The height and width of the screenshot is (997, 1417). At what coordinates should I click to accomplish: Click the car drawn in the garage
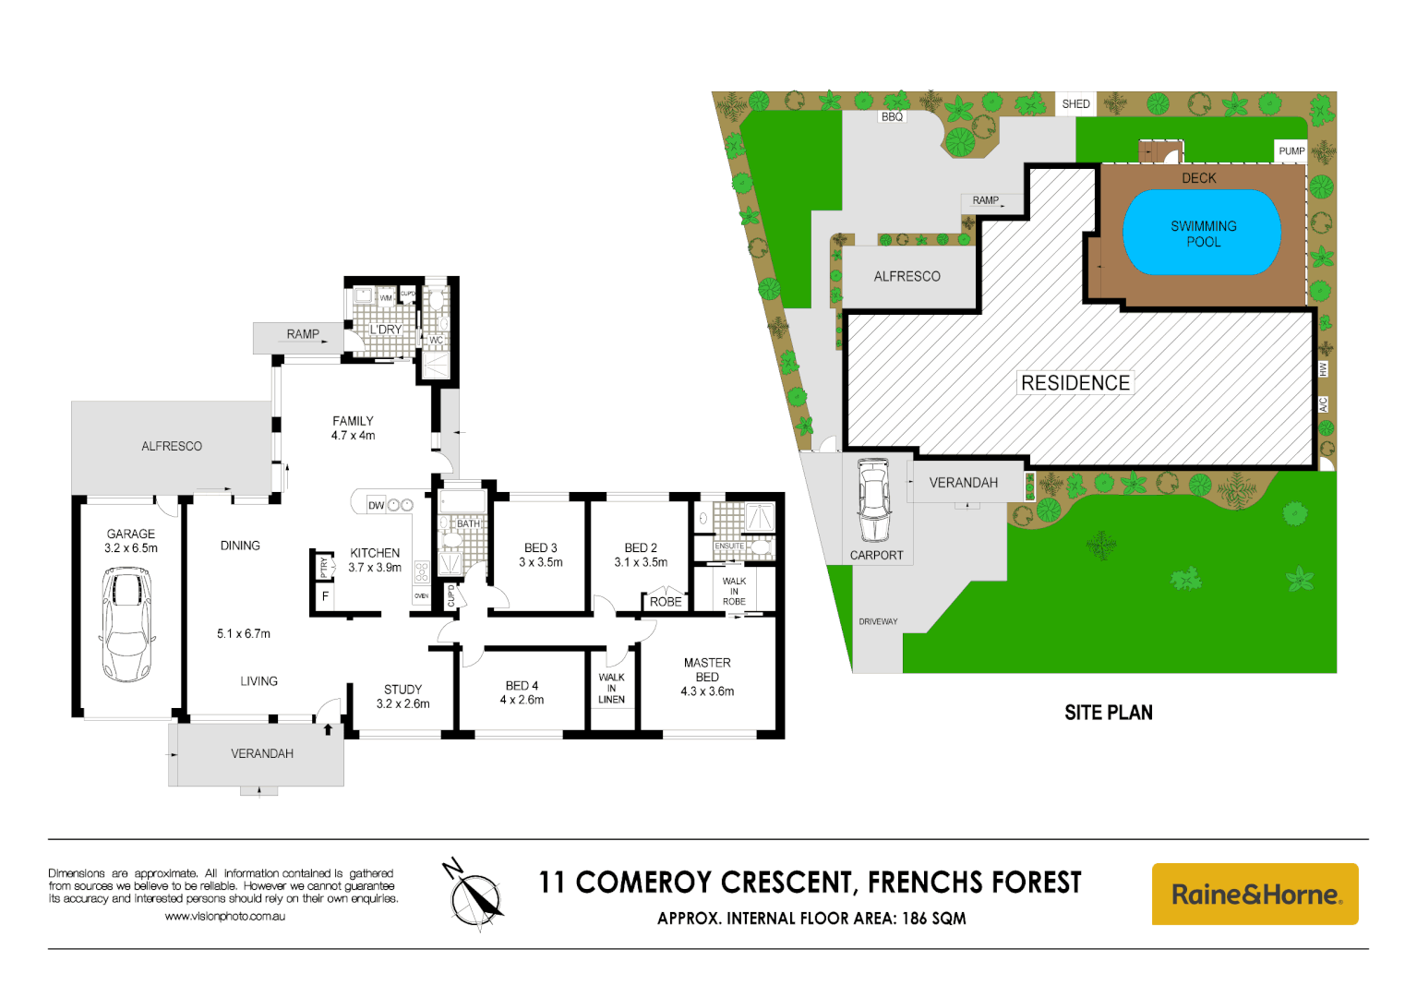[x=127, y=624]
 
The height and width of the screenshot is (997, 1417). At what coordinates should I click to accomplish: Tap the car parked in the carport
[x=873, y=499]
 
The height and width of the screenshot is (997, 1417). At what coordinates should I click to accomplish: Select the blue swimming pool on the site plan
[x=1202, y=233]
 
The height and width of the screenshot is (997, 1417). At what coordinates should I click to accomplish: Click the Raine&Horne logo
[x=1255, y=894]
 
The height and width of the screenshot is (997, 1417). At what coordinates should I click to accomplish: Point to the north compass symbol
[x=474, y=895]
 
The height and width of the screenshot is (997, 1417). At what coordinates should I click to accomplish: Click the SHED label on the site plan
[x=1075, y=104]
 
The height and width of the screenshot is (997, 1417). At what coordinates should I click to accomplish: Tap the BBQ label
[x=892, y=117]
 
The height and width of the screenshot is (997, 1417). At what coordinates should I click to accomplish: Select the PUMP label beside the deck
[x=1291, y=151]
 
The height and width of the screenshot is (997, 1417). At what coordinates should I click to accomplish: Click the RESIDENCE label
[x=1075, y=383]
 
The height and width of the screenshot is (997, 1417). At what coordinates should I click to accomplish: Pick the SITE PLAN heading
[x=1108, y=713]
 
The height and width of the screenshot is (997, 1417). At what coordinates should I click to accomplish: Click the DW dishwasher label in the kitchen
[x=376, y=506]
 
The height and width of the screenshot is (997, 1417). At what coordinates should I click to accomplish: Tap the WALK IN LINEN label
[x=611, y=689]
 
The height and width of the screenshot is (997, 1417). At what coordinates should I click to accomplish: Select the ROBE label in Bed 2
[x=666, y=602]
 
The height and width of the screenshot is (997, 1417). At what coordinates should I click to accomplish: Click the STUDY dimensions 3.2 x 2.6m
[x=402, y=704]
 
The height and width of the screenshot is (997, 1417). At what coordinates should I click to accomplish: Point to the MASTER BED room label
[x=707, y=669]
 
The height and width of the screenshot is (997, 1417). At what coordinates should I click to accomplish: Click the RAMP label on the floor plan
[x=303, y=334]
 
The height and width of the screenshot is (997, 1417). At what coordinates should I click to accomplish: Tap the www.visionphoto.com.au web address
[x=224, y=917]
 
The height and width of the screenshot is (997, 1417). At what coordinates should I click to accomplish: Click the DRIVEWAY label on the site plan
[x=878, y=621]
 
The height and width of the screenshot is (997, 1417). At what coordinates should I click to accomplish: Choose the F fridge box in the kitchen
[x=325, y=597]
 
